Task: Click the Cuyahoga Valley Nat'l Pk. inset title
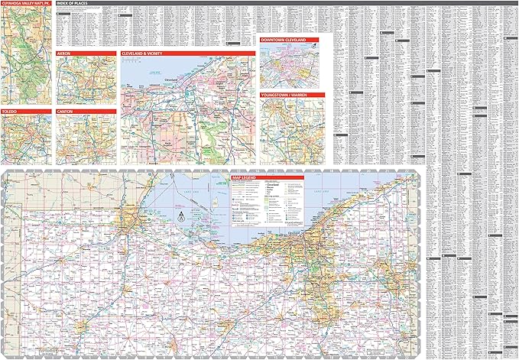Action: tap(26, 5)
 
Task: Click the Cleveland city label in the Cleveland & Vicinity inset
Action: tap(170, 79)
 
